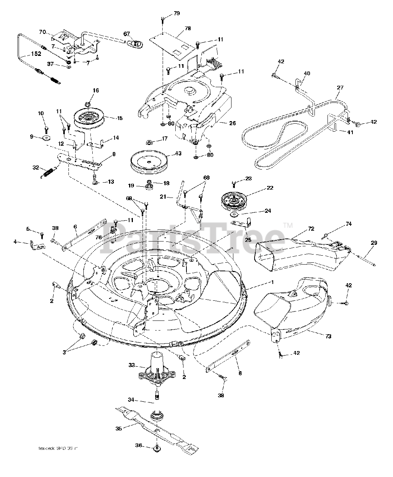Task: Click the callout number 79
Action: (x=176, y=14)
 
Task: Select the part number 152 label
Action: (x=36, y=54)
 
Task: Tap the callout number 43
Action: (x=178, y=153)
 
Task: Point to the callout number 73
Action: (x=328, y=336)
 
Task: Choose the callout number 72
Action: (x=311, y=228)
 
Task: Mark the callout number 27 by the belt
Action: (x=340, y=88)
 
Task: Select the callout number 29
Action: (x=374, y=243)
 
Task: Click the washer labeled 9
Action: (x=47, y=138)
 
